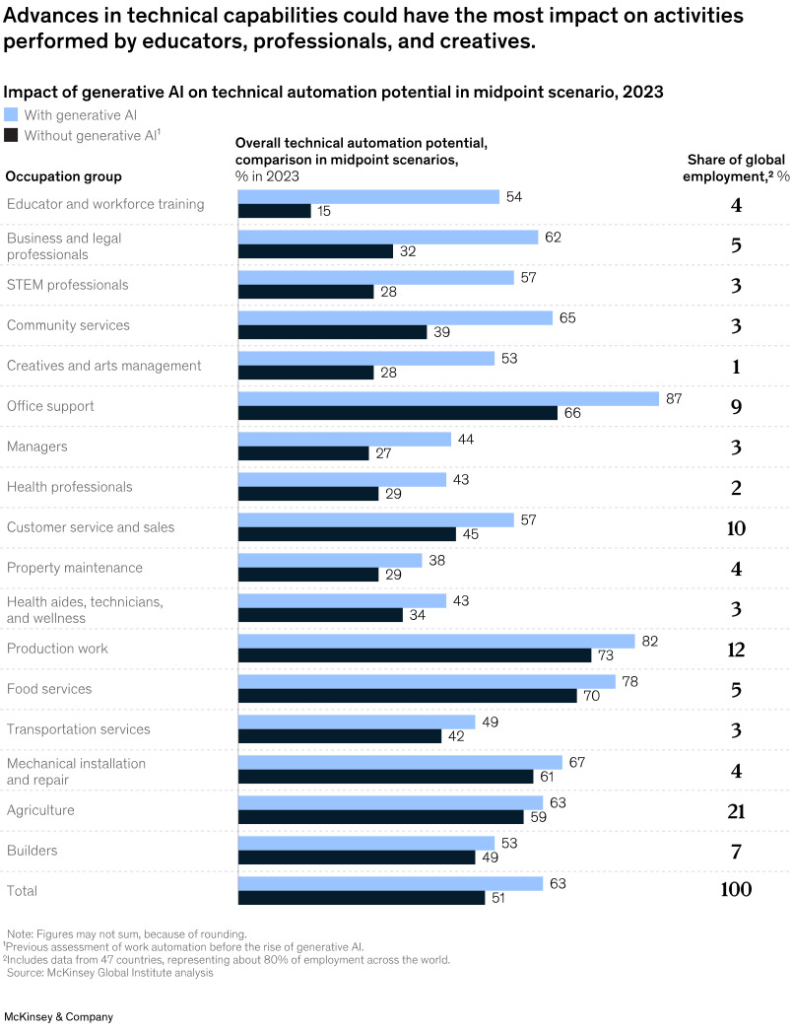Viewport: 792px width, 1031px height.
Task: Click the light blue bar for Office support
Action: pos(448,398)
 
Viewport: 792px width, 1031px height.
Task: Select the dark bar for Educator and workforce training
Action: pos(275,211)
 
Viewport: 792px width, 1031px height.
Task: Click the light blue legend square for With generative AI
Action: pos(12,114)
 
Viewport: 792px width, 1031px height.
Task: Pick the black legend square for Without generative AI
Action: pos(12,135)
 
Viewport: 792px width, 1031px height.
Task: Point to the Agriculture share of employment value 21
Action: pos(736,811)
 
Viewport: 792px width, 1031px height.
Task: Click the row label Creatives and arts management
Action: pos(103,366)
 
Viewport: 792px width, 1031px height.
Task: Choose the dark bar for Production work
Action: pos(415,655)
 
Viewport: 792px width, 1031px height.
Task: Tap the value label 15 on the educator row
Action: pos(324,211)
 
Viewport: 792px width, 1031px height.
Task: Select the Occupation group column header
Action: pos(64,176)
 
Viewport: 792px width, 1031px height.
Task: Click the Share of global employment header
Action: pos(737,168)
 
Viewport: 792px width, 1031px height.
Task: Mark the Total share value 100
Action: pos(736,890)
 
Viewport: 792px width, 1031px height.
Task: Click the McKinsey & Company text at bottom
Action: pos(59,1016)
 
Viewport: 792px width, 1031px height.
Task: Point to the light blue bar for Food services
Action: pos(427,681)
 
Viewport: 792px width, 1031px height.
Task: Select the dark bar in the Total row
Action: pos(362,898)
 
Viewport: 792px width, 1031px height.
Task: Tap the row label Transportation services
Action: pos(79,729)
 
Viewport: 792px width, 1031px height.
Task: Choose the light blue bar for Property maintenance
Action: pos(330,560)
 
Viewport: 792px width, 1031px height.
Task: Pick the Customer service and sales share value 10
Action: pos(736,528)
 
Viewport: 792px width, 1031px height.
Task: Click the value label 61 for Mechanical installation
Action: pos(547,777)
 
